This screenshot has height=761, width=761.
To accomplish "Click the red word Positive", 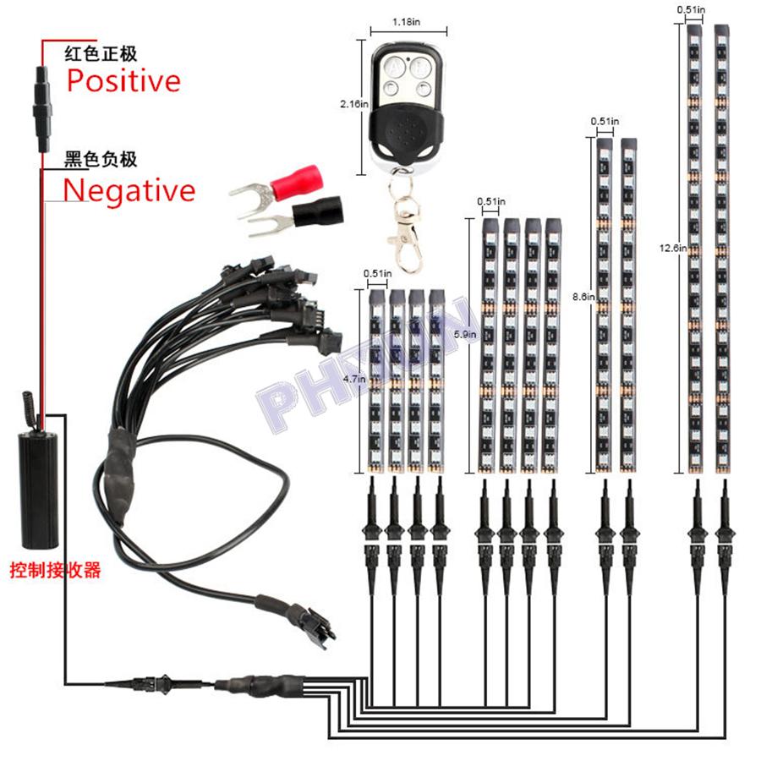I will point(123,81).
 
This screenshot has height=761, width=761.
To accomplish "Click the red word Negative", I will point(129,190).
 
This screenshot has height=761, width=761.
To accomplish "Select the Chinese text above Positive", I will point(101,54).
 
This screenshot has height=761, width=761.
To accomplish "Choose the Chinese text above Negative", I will point(101,159).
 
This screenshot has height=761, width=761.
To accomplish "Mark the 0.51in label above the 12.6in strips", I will point(691,8).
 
